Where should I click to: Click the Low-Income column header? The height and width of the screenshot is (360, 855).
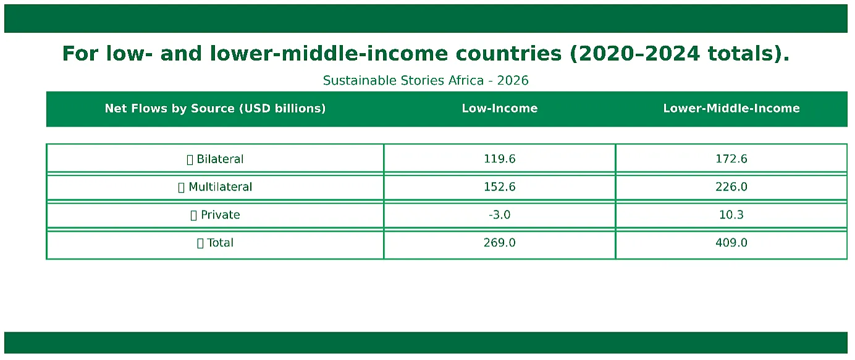coord(500,108)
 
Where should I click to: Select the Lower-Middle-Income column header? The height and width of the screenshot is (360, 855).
coord(731,108)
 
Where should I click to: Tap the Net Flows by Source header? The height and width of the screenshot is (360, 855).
coord(215,109)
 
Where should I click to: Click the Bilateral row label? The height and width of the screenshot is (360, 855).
coord(220,159)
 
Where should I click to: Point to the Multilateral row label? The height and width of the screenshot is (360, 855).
coord(221,187)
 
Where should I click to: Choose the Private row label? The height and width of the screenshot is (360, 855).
coord(221,215)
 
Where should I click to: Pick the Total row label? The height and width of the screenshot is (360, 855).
coord(221,243)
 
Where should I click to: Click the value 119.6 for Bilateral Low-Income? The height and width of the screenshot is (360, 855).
coord(500,159)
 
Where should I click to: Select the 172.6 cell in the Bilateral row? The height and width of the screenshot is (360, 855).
coord(731,159)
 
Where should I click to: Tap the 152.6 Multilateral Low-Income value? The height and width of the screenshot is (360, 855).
coord(500,187)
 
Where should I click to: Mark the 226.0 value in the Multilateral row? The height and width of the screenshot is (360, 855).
coord(731,187)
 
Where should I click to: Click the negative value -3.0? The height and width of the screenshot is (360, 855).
coord(500,215)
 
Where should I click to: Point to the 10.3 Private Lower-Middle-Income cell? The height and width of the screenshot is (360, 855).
coord(731,215)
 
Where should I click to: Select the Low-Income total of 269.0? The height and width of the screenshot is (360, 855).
coord(500,243)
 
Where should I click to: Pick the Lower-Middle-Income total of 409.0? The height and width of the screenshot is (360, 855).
coord(731,243)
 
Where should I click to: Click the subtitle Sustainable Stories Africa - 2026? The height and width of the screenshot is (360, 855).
coord(426,80)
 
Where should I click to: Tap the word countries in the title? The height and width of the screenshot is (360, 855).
coord(508,53)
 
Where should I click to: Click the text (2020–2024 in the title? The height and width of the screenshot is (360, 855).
coord(634,53)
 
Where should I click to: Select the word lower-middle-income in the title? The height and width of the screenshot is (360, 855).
coord(329,53)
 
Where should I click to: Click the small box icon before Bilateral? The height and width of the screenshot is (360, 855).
coord(190,159)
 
